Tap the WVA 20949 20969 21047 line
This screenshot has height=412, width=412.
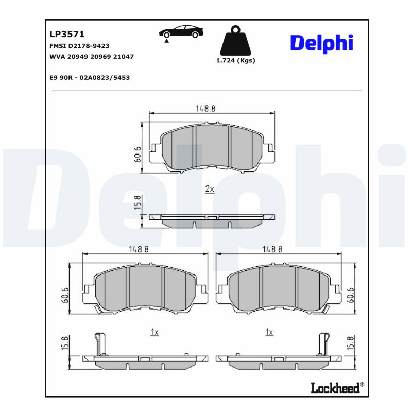coord(91,56)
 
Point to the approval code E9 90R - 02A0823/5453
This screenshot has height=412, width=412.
coord(89,77)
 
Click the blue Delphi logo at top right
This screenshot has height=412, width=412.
coord(321,43)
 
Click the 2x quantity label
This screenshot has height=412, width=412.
coord(209,189)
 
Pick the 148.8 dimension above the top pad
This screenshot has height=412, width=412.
coord(205,108)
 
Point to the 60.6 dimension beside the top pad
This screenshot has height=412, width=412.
coord(137,154)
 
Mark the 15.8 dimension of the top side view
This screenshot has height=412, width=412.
coord(137,202)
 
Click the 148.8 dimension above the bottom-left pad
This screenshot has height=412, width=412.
coord(139,249)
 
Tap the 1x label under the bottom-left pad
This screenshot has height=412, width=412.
coord(154,333)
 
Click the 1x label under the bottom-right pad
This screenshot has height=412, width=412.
coord(268,333)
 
